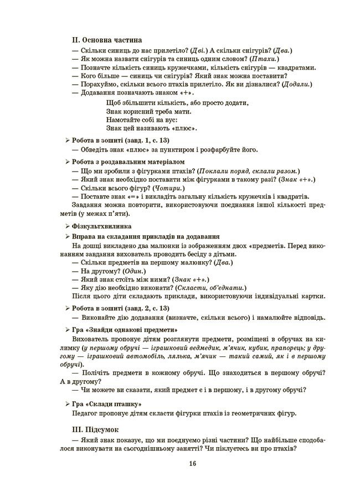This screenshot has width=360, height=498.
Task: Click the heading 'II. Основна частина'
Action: point(107,40)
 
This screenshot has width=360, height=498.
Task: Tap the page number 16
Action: point(192,464)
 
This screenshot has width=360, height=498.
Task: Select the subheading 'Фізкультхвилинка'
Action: point(101,226)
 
